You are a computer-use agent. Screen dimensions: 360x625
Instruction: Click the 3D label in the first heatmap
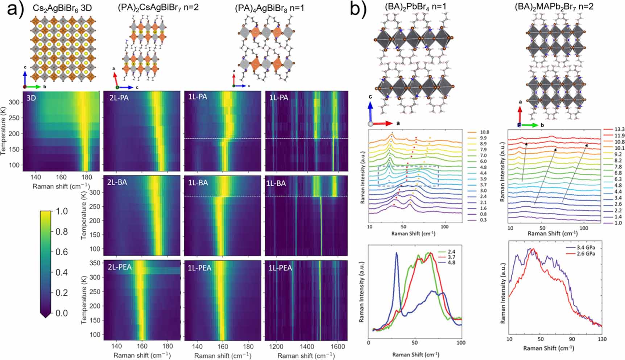[31, 98]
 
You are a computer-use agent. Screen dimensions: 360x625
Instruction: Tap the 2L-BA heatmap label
[117, 182]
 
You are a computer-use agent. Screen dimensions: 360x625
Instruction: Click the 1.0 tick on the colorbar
[62, 211]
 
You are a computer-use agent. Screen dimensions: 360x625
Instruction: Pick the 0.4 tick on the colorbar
[62, 272]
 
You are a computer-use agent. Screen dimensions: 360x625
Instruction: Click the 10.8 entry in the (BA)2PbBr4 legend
[484, 132]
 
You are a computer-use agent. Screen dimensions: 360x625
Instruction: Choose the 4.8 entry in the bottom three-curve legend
[451, 262]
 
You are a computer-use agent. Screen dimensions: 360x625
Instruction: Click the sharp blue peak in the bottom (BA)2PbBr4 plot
[397, 254]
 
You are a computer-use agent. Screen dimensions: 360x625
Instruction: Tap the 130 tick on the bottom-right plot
[602, 339]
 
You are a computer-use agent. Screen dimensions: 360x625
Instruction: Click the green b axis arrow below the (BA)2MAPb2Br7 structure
[530, 125]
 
